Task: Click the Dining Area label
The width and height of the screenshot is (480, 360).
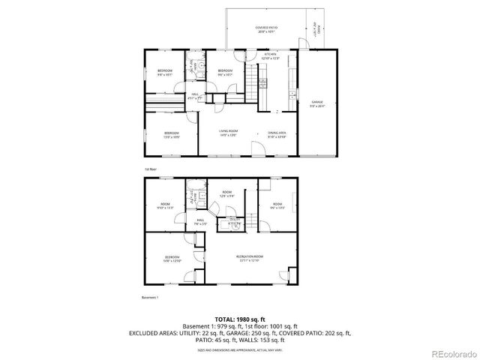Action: pyautogui.click(x=277, y=133)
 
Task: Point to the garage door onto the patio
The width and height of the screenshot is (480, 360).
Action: pyautogui.click(x=301, y=43)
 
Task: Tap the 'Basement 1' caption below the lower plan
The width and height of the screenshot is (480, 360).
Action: pyautogui.click(x=151, y=298)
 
